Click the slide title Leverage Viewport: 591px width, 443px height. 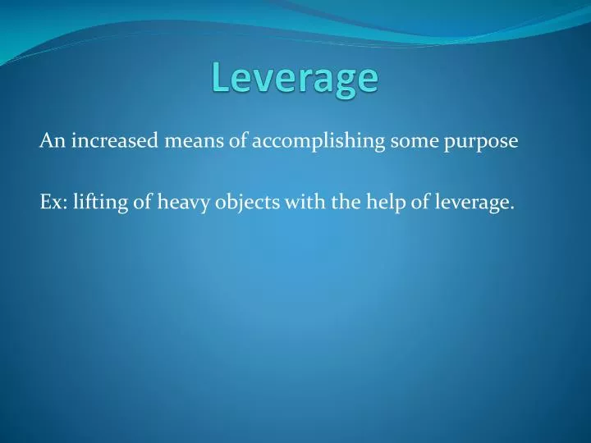pyautogui.click(x=295, y=79)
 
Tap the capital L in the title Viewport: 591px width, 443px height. pyautogui.click(x=219, y=77)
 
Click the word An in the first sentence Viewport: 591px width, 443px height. pyautogui.click(x=52, y=141)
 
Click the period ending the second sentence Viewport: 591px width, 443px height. pyautogui.click(x=512, y=208)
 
